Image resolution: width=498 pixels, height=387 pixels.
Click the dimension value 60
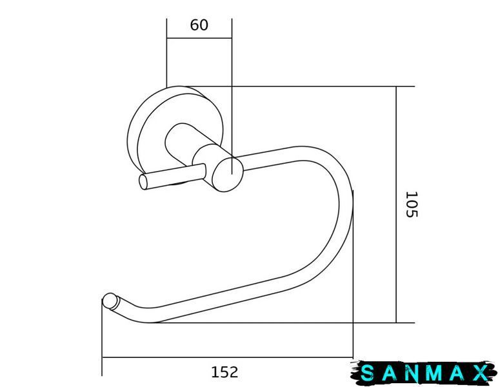click(x=199, y=25)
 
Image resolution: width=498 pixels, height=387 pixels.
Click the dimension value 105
click(x=412, y=204)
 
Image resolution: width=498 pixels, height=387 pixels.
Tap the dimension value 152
click(x=224, y=372)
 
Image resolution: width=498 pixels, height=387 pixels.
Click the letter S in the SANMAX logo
click(x=368, y=373)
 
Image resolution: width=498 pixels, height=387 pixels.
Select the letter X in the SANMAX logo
click(x=479, y=373)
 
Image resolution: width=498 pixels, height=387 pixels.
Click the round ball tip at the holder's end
click(x=110, y=301)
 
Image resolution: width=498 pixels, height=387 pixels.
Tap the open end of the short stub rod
click(x=144, y=182)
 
